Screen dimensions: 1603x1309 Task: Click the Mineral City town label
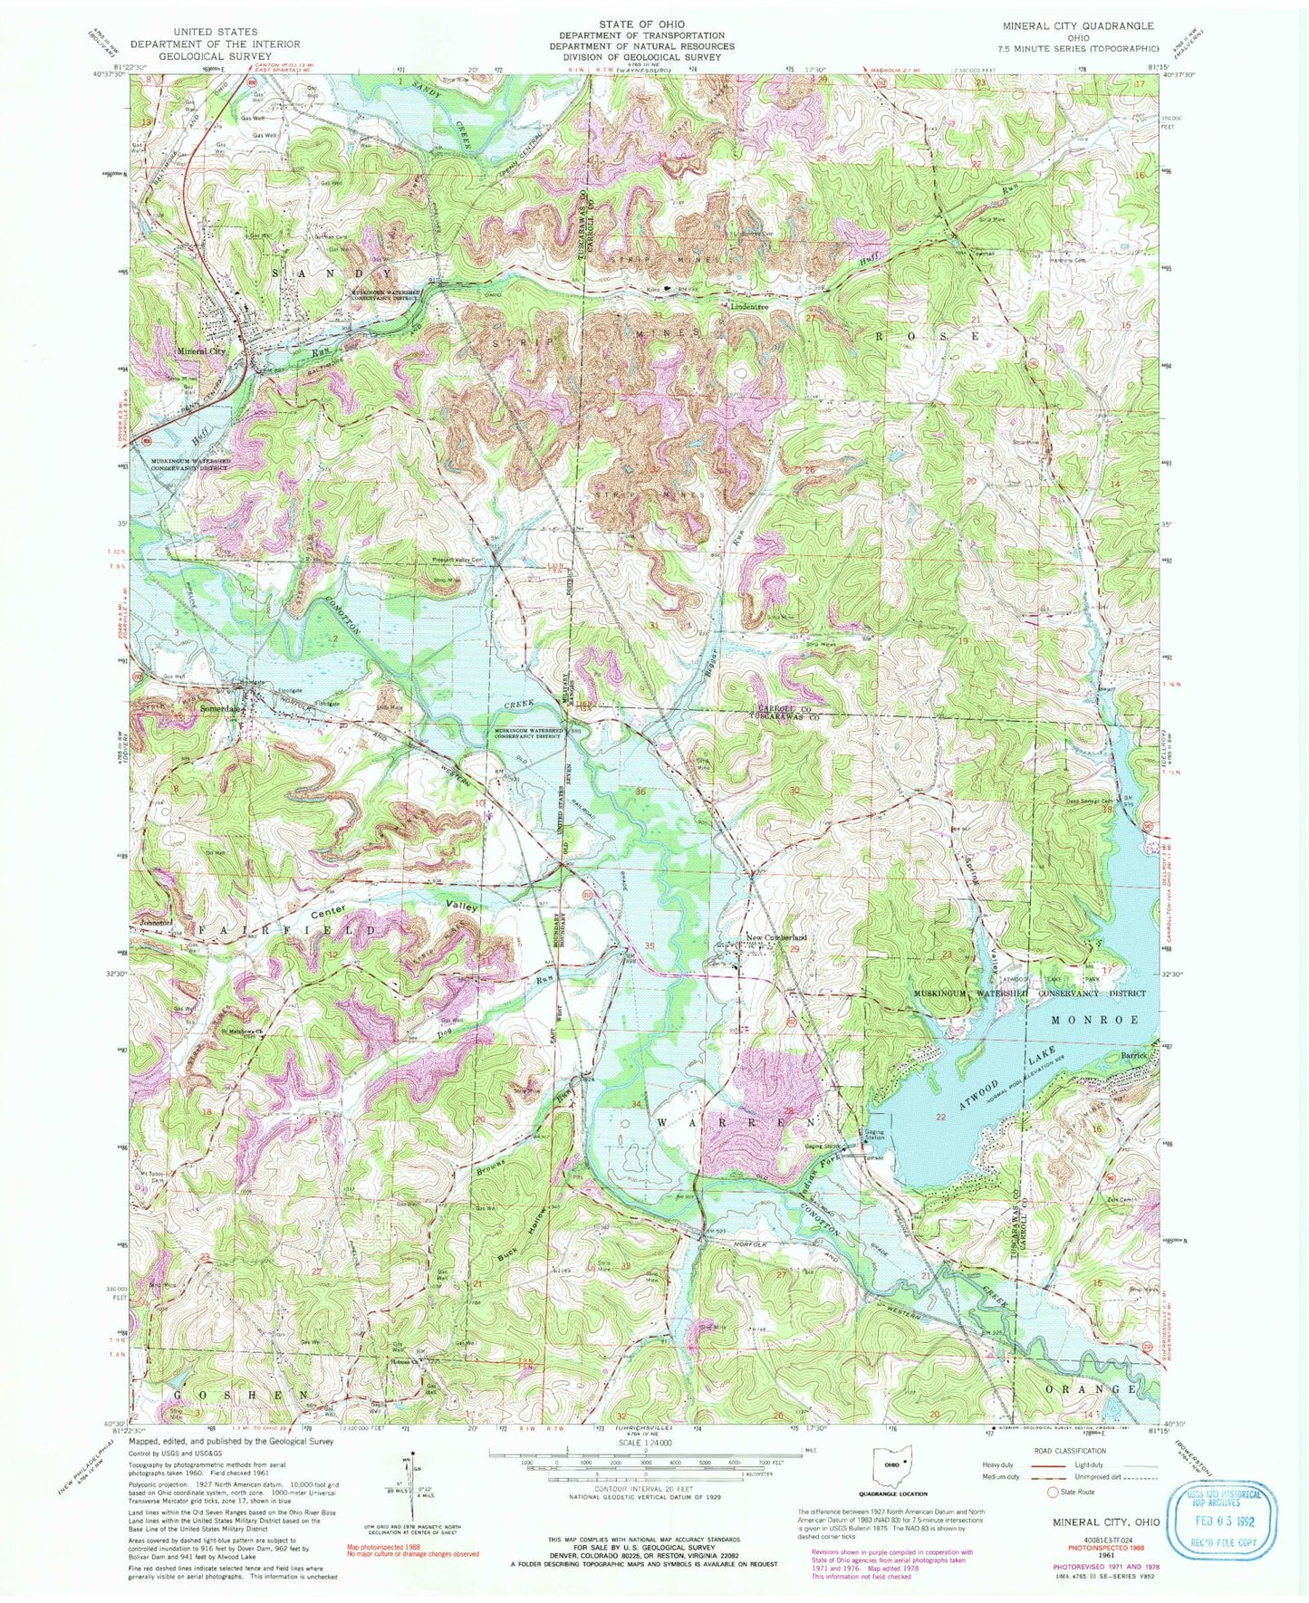coord(201,350)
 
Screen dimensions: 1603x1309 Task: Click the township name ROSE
coord(929,334)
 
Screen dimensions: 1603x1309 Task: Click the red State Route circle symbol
coord(1053,1518)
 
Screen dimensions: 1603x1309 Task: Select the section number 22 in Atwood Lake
coord(941,1117)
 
